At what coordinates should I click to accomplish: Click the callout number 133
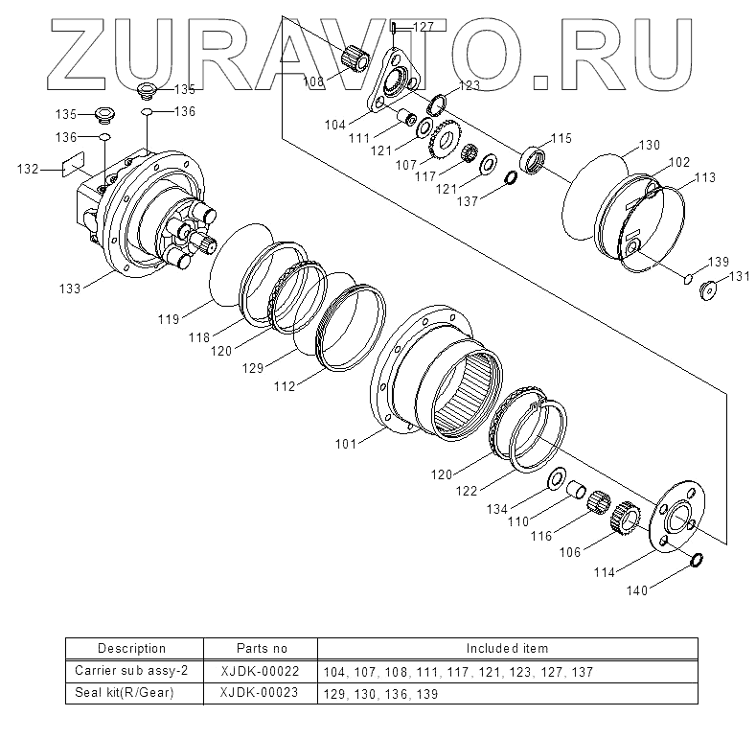(x=70, y=289)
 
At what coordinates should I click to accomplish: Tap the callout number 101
(x=346, y=444)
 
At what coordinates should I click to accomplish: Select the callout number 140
(x=637, y=590)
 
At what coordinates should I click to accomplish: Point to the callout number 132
(x=28, y=169)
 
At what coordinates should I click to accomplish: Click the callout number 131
(x=739, y=276)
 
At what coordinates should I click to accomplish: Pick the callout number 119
(x=169, y=319)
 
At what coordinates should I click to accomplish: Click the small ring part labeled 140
(x=697, y=560)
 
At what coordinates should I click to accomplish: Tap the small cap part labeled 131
(x=708, y=289)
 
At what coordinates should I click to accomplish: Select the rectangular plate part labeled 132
(x=73, y=164)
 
